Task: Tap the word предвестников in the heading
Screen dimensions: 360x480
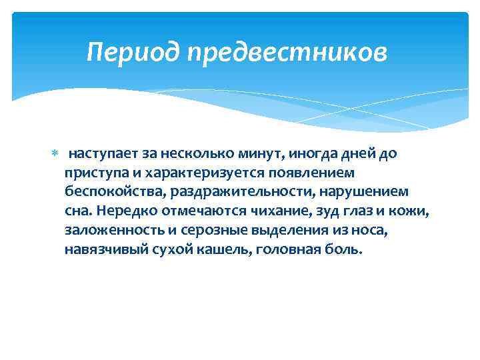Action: click(286, 51)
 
